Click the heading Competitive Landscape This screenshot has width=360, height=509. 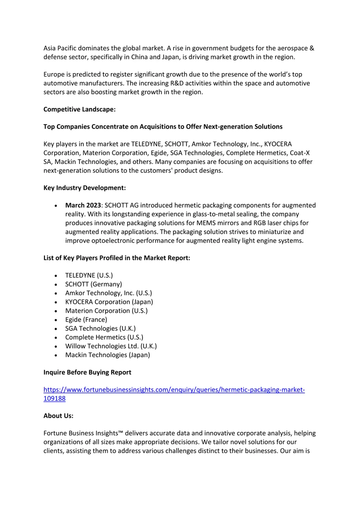point(79,109)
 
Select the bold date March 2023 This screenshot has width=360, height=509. point(83,205)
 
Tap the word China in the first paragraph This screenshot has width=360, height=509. point(139,57)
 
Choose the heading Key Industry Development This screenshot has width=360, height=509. point(84,188)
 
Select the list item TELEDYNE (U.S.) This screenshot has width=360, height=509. point(89,276)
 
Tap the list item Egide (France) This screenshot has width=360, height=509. point(86,320)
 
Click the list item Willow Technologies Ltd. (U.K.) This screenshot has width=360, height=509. point(111,346)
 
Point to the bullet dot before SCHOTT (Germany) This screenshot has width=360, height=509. point(56,285)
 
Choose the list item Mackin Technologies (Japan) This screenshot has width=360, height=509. point(108,355)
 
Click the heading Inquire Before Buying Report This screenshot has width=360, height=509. point(87,373)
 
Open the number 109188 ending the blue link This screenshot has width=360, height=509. point(54,399)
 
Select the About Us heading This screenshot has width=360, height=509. point(58,416)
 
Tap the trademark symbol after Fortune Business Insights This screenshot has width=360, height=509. point(121,433)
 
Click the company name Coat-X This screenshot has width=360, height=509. point(300,153)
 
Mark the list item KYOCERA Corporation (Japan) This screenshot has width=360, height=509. point(109,302)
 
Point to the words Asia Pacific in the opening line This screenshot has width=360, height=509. point(60,48)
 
